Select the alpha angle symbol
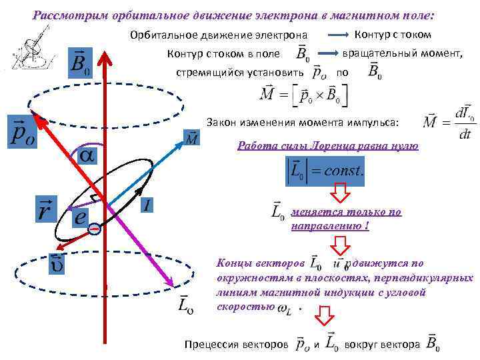[87, 155]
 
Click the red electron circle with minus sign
[95, 229]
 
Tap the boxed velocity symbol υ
[55, 264]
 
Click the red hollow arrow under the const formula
[341, 193]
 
